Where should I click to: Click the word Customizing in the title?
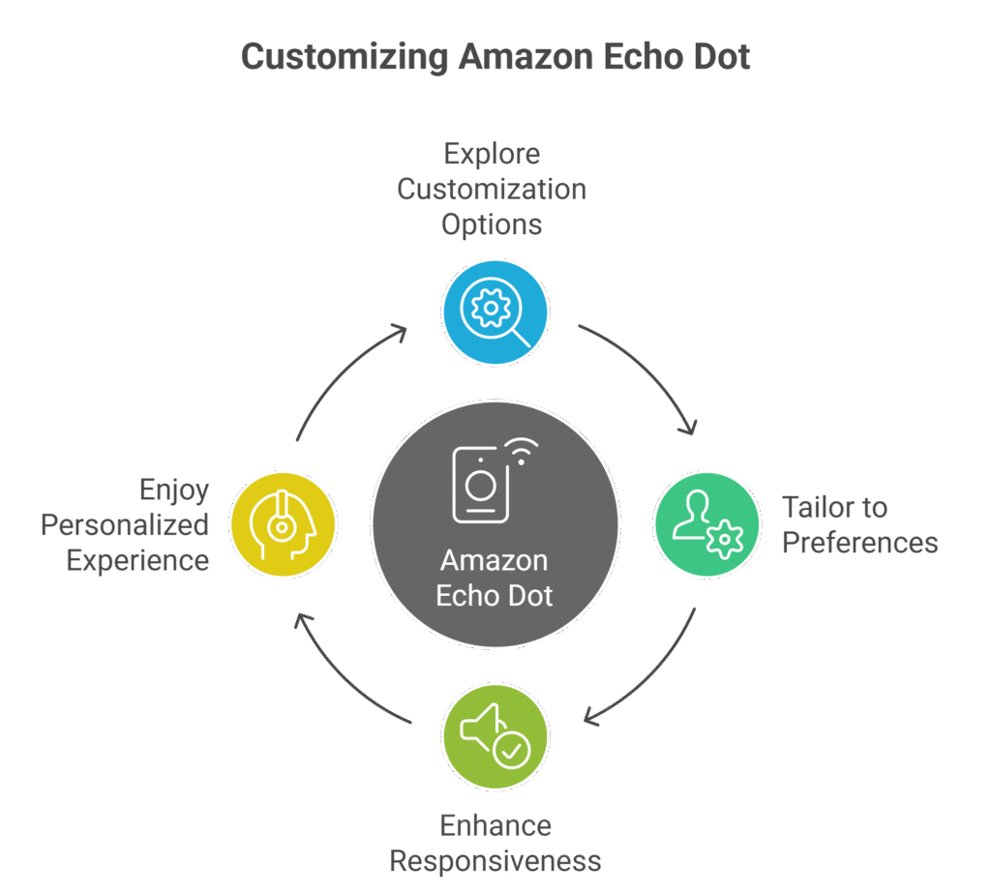pyautogui.click(x=344, y=57)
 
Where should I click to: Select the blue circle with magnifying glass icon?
pyautogui.click(x=495, y=312)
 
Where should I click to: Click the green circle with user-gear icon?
pyautogui.click(x=707, y=525)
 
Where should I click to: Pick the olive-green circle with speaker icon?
pyautogui.click(x=495, y=737)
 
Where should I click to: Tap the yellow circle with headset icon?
pyautogui.click(x=283, y=525)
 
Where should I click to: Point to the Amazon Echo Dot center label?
pyautogui.click(x=495, y=578)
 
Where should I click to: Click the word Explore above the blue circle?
pyautogui.click(x=492, y=154)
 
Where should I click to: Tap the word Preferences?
pyautogui.click(x=859, y=543)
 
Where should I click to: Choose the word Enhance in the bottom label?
pyautogui.click(x=495, y=826)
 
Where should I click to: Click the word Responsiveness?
pyautogui.click(x=495, y=860)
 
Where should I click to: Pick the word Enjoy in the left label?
pyautogui.click(x=173, y=490)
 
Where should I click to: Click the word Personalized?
pyautogui.click(x=125, y=525)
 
